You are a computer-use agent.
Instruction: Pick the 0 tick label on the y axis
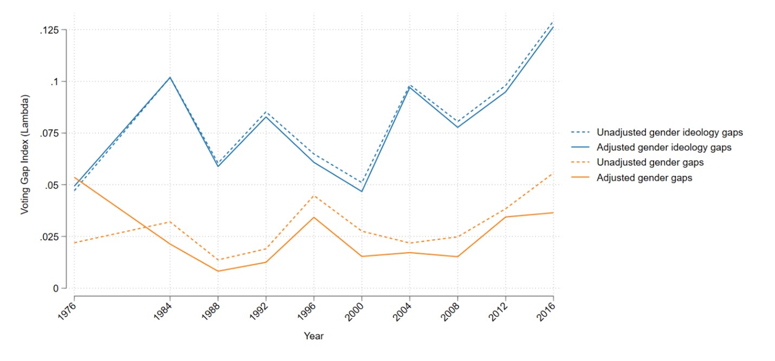pyautogui.click(x=56, y=288)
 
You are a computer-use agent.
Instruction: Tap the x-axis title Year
pyautogui.click(x=313, y=336)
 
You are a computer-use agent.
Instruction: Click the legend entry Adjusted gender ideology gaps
pyautogui.click(x=664, y=147)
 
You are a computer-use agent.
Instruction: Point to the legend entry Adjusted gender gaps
pyautogui.click(x=644, y=178)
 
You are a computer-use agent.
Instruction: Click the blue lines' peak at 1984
pyautogui.click(x=170, y=77)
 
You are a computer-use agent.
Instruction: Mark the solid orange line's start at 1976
pyautogui.click(x=74, y=178)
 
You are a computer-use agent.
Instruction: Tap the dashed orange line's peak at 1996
pyautogui.click(x=314, y=195)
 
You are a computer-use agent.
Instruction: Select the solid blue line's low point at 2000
pyautogui.click(x=361, y=192)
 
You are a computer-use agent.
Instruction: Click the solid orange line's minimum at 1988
pyautogui.click(x=218, y=271)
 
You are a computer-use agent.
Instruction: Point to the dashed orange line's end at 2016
pyautogui.click(x=553, y=174)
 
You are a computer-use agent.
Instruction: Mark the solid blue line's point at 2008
pyautogui.click(x=457, y=127)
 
